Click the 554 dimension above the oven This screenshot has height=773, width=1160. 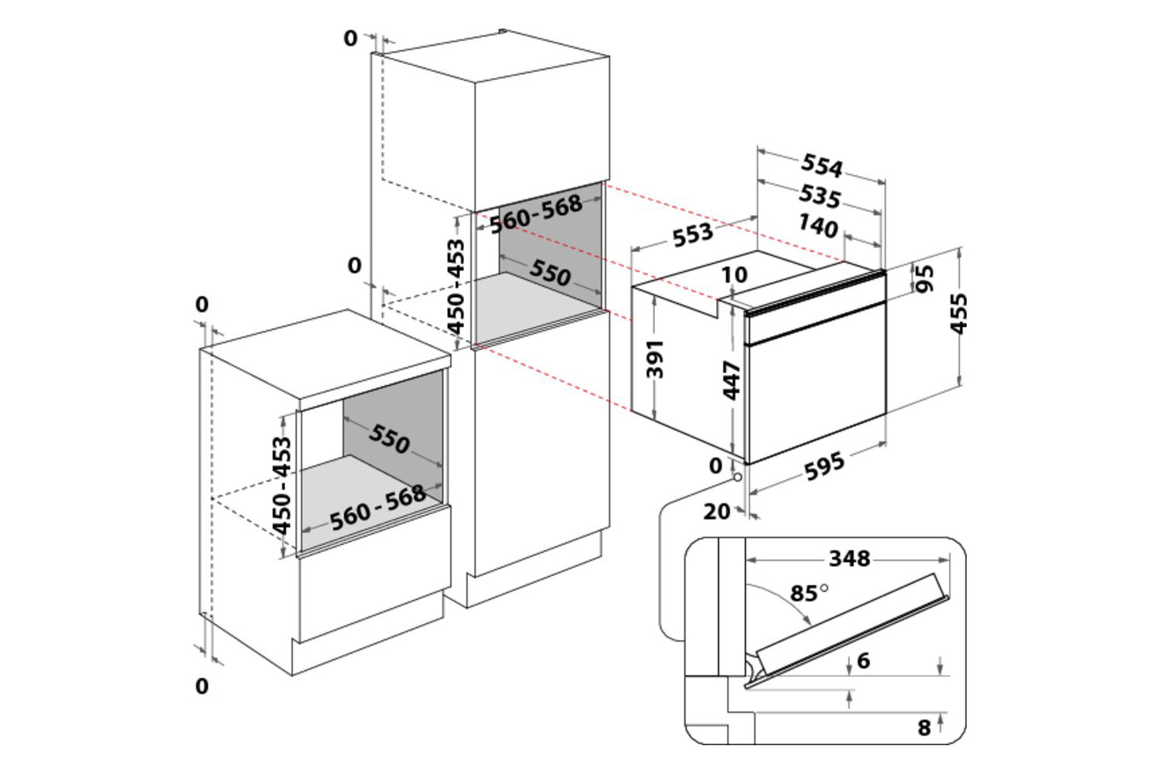tap(821, 165)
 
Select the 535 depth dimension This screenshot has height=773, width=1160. tap(820, 196)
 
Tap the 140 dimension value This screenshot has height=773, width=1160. tap(817, 226)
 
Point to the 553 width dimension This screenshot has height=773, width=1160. tap(692, 234)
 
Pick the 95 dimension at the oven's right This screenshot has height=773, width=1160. tap(925, 278)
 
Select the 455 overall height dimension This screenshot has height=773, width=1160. tap(959, 314)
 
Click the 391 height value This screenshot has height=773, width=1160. tap(656, 359)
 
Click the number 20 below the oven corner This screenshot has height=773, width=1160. tap(717, 511)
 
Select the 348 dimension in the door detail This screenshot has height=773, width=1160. tap(849, 558)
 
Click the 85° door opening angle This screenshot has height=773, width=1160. tap(808, 593)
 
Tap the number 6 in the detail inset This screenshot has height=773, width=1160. tap(863, 660)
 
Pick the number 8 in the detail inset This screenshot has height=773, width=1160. tap(924, 727)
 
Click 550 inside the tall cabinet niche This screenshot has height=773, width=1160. tap(551, 272)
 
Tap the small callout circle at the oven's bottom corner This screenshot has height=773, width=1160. tap(737, 477)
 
